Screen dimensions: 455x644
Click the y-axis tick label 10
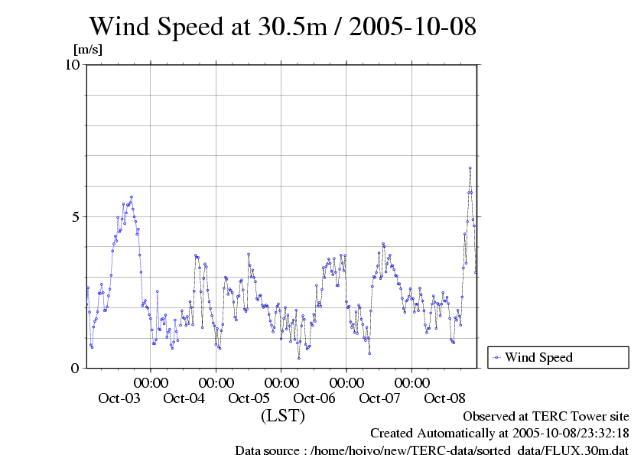[71, 65]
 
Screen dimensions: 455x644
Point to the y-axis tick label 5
[76, 216]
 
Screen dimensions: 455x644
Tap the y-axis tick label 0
[76, 368]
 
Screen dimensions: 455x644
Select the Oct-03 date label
[119, 398]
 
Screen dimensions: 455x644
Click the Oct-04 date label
[184, 398]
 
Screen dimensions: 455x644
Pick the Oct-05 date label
[249, 398]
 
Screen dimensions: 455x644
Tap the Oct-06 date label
[314, 398]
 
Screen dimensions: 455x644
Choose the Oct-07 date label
[379, 398]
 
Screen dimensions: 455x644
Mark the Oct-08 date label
[444, 398]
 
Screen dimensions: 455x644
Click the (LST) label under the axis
[283, 416]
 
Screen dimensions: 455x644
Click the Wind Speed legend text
[538, 357]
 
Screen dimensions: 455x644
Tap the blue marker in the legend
[496, 357]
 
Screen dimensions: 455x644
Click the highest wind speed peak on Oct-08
[470, 167]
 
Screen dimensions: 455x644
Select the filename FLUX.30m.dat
[592, 450]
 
